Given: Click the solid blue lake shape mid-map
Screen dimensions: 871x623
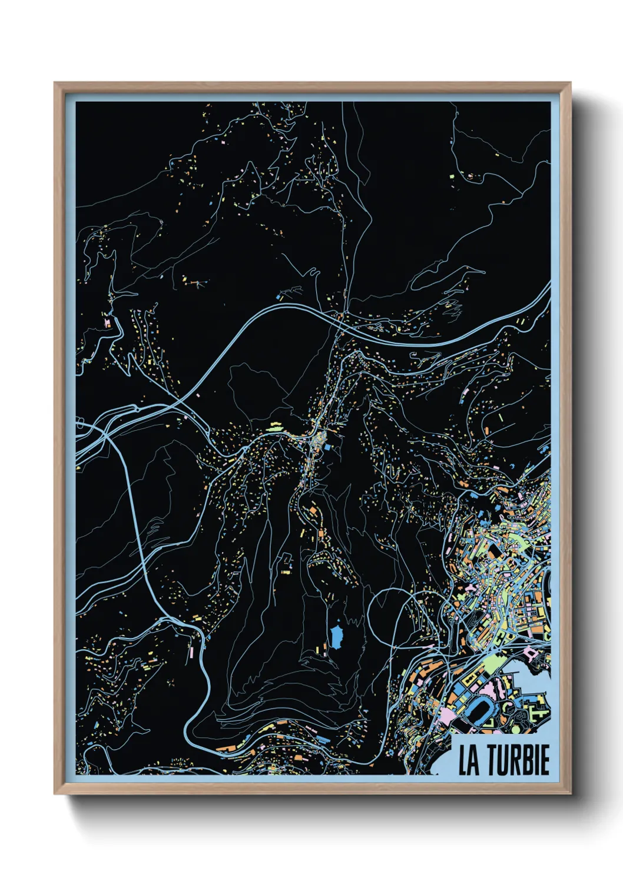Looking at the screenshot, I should [x=337, y=637].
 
